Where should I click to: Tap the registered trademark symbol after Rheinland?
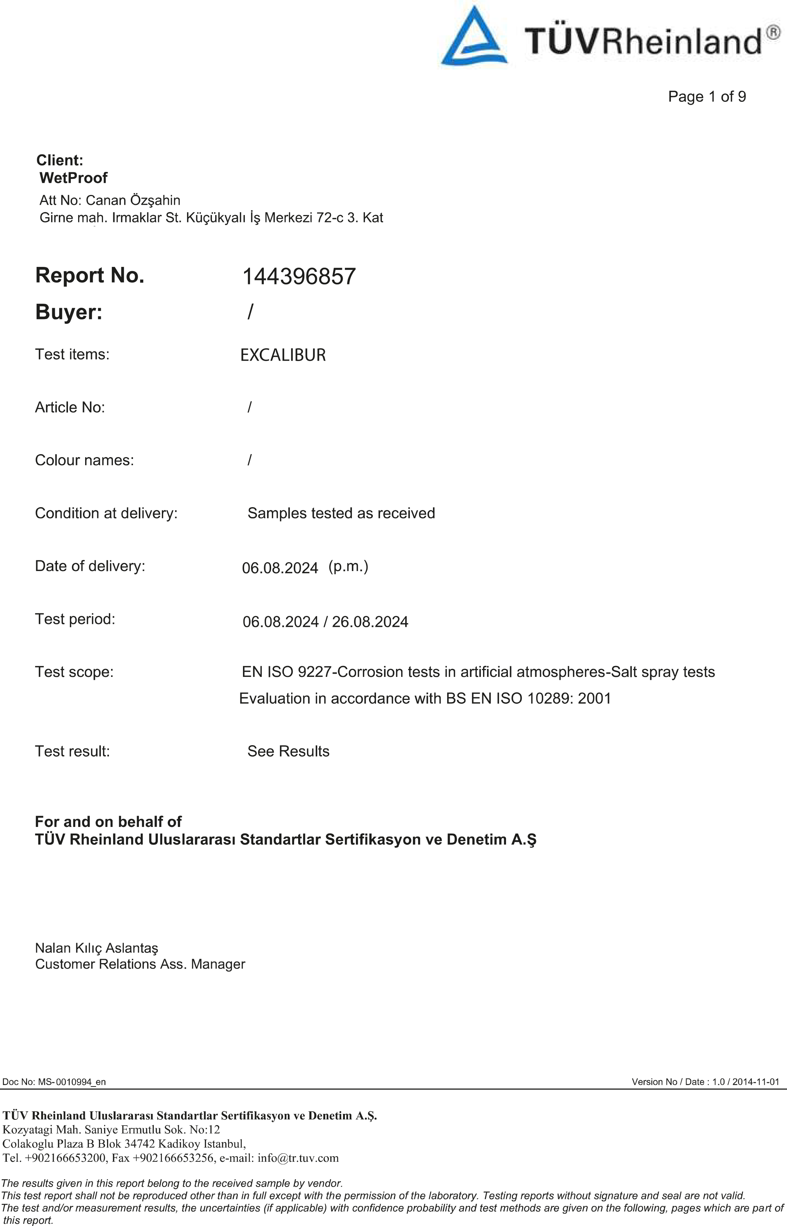point(773,33)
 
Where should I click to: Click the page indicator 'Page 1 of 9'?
point(707,96)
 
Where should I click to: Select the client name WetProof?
point(73,178)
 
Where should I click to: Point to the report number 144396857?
point(299,277)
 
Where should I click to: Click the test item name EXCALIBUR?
point(283,355)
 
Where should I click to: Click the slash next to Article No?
point(250,407)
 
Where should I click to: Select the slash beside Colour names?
point(250,460)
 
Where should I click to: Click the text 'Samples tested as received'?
point(341,513)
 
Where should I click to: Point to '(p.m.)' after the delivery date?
point(348,566)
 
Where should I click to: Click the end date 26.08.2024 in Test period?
point(370,622)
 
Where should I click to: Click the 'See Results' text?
point(288,751)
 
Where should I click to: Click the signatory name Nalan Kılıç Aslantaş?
point(96,948)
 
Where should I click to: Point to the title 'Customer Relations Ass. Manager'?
point(140,965)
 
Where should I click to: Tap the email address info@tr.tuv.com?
point(298,1158)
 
